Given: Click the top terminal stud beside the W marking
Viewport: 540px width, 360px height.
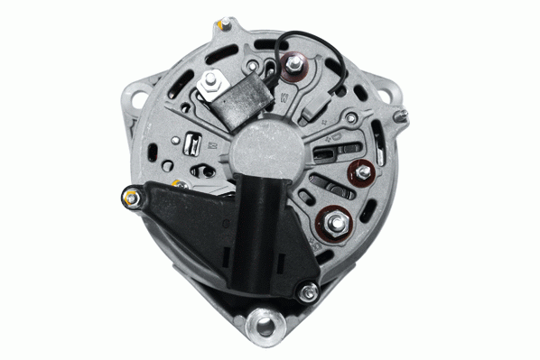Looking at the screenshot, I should tap(293, 63).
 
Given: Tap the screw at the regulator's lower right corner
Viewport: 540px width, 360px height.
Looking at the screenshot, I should tap(309, 291).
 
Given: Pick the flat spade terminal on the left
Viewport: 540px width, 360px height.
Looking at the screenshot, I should tap(192, 143).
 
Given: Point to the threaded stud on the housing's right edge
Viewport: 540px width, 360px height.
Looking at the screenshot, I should tap(403, 115).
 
